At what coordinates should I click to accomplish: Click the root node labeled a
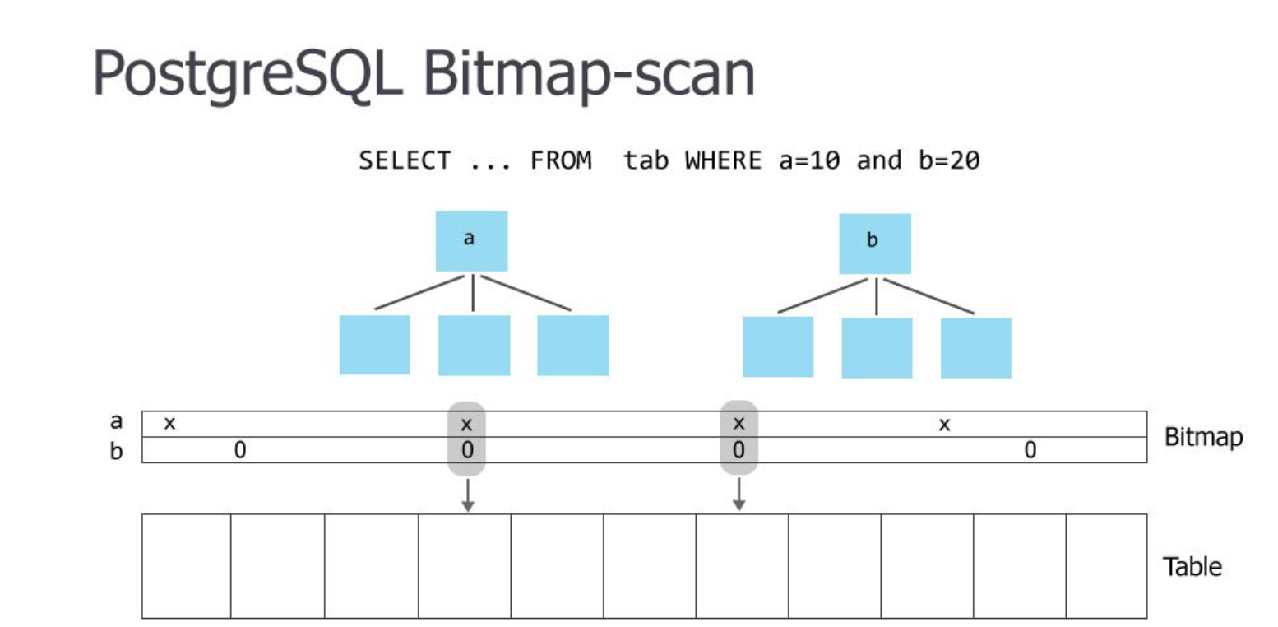pyautogui.click(x=471, y=241)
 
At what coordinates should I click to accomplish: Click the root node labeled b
pyautogui.click(x=874, y=244)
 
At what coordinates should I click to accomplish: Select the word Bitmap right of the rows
pyautogui.click(x=1203, y=437)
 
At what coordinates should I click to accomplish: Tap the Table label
pyautogui.click(x=1192, y=567)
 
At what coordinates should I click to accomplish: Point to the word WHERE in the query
pyautogui.click(x=724, y=161)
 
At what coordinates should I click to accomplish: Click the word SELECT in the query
pyautogui.click(x=404, y=161)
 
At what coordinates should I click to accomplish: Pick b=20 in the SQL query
pyautogui.click(x=947, y=161)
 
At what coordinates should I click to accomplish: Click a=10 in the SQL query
pyautogui.click(x=809, y=161)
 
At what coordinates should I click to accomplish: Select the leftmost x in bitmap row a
pyautogui.click(x=169, y=425)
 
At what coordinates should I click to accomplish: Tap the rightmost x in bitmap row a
pyautogui.click(x=945, y=425)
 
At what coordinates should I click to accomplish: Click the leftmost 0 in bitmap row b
pyautogui.click(x=240, y=450)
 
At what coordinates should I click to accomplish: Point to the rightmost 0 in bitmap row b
pyautogui.click(x=1030, y=450)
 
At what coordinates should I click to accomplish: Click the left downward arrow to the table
pyautogui.click(x=467, y=495)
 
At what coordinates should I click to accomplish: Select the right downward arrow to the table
pyautogui.click(x=739, y=495)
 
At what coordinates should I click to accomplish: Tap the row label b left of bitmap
pyautogui.click(x=116, y=450)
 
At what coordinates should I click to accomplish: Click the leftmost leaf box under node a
pyautogui.click(x=374, y=345)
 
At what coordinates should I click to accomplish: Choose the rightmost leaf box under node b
pyautogui.click(x=975, y=347)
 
